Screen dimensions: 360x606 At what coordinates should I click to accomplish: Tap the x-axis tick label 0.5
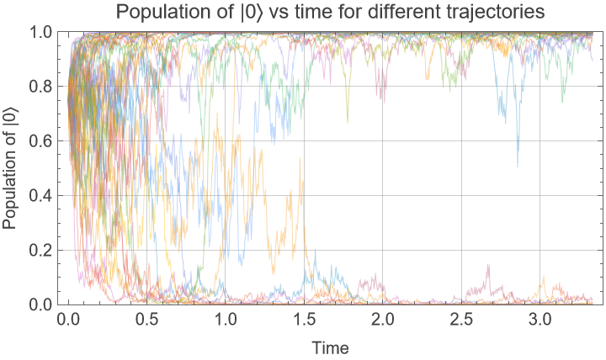[x=146, y=320]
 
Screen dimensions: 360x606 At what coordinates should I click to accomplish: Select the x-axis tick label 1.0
[x=226, y=320]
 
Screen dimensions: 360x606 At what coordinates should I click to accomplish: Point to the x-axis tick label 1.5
[x=304, y=320]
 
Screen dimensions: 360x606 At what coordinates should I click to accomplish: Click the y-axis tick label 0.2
[x=40, y=250]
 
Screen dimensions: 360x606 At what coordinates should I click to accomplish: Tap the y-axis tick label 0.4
[x=40, y=195]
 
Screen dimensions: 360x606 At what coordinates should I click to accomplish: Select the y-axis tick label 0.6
[x=40, y=140]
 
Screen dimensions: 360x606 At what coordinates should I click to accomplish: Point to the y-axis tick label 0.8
[x=40, y=86]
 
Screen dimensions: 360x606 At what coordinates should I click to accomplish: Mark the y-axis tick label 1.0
[x=40, y=32]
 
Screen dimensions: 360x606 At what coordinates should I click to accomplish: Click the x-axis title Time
[x=330, y=347]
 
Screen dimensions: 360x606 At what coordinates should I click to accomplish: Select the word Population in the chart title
[x=157, y=13]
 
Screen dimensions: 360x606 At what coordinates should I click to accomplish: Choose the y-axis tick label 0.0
[x=40, y=304]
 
